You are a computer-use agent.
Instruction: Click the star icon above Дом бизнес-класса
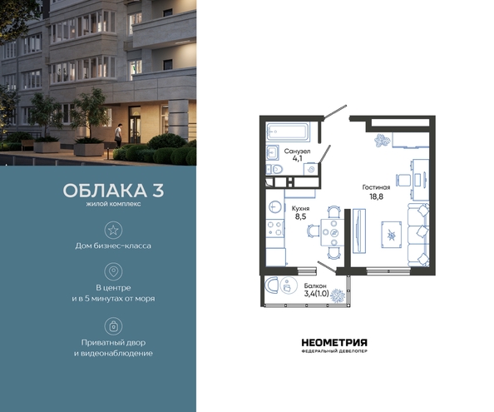coord(113,230)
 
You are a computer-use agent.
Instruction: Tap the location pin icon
coord(113,271)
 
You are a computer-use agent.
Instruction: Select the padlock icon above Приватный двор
coord(113,326)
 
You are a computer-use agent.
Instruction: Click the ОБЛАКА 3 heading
coord(113,191)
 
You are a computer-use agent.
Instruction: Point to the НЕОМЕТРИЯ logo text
coord(334,343)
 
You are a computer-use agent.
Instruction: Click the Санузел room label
coord(297,151)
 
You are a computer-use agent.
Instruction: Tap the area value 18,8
coord(376,196)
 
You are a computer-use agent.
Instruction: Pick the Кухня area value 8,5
coord(300,216)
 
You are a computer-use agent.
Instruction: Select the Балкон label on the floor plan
coord(315,286)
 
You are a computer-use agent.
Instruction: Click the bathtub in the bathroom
coord(288,132)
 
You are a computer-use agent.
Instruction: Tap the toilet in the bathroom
coord(274,170)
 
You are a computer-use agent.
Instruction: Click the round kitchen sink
coord(275,206)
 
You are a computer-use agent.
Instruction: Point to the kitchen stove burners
coord(275,229)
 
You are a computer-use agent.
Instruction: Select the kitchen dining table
coord(333,233)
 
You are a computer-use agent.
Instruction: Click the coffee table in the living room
coord(392,235)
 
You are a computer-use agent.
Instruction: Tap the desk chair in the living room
coord(403,180)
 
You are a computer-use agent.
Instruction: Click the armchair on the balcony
coord(272,285)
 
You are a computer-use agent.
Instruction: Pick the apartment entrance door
coord(335,112)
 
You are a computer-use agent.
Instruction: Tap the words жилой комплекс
coord(113,204)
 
